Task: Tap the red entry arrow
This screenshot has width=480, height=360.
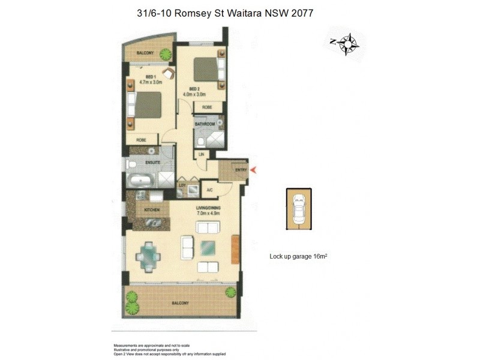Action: (253, 170)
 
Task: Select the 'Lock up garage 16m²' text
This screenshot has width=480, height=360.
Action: (298, 256)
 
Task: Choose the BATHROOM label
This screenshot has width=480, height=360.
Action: (205, 124)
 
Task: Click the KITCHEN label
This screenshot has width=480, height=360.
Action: (151, 210)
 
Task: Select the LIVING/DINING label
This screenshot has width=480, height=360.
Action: (208, 209)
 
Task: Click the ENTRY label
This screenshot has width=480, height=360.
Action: (241, 170)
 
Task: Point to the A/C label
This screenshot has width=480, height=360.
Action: (209, 190)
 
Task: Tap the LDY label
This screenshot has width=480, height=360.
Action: (181, 185)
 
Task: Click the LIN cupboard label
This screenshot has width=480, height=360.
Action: (202, 155)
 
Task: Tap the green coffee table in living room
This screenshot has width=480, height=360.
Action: (209, 247)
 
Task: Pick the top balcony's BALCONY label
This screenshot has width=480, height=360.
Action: (145, 53)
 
